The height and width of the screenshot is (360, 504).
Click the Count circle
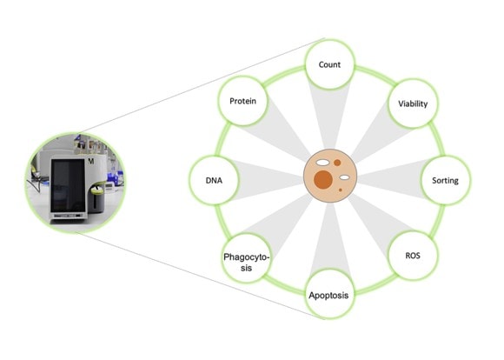tap(329, 64)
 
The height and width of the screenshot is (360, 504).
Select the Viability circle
tap(413, 103)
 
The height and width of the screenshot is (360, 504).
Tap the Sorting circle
tap(445, 180)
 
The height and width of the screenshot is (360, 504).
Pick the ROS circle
tap(413, 256)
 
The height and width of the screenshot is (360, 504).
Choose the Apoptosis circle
tap(329, 295)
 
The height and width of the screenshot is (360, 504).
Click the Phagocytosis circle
tap(246, 258)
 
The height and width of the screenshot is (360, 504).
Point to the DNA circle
tap(214, 180)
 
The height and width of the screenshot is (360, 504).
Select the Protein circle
tap(242, 101)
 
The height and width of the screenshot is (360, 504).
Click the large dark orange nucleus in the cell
tap(323, 179)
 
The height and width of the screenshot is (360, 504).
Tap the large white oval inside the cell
tap(322, 163)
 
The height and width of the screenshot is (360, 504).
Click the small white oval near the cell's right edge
tap(345, 177)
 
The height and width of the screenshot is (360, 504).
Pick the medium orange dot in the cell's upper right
tap(337, 163)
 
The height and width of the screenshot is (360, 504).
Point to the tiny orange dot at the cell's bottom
tap(340, 190)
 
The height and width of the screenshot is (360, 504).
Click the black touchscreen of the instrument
tap(68, 186)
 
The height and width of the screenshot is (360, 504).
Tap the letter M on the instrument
tap(91, 161)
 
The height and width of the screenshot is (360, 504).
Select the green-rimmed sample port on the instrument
tap(97, 190)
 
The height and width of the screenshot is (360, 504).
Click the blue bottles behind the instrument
tap(115, 178)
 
